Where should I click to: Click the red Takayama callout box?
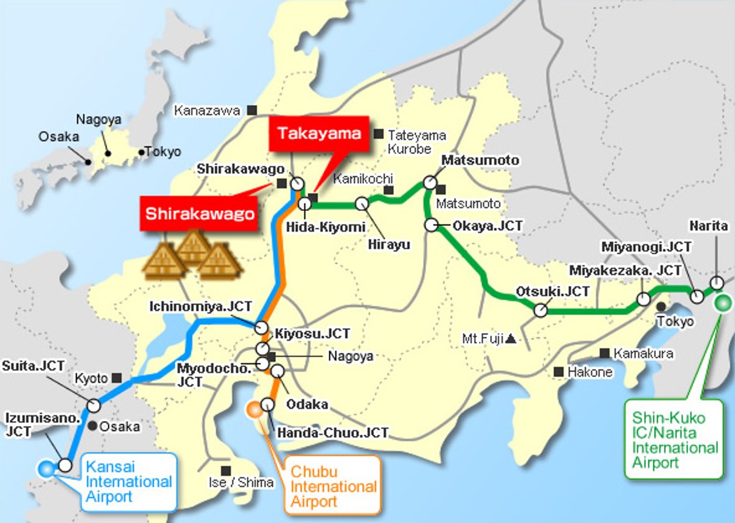tap(319, 134)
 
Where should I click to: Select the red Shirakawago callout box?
tap(200, 214)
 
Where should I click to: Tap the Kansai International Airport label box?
tap(128, 482)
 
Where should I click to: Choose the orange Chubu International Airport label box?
tap(333, 486)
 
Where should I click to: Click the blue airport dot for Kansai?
tap(45, 468)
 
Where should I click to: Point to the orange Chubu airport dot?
tap(254, 409)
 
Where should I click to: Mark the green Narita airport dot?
tap(722, 303)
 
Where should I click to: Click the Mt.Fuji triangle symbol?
tap(511, 338)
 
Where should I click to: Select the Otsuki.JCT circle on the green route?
tap(540, 310)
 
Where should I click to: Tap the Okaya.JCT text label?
tap(486, 225)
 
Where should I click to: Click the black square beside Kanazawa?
tap(252, 110)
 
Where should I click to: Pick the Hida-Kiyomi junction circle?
tap(305, 204)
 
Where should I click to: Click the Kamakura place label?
tap(643, 354)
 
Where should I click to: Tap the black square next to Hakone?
tap(559, 372)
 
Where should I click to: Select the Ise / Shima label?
tap(249, 483)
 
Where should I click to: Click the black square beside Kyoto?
tap(117, 378)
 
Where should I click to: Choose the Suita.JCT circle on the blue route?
tap(94, 405)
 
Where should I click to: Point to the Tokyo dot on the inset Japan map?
tap(141, 152)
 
